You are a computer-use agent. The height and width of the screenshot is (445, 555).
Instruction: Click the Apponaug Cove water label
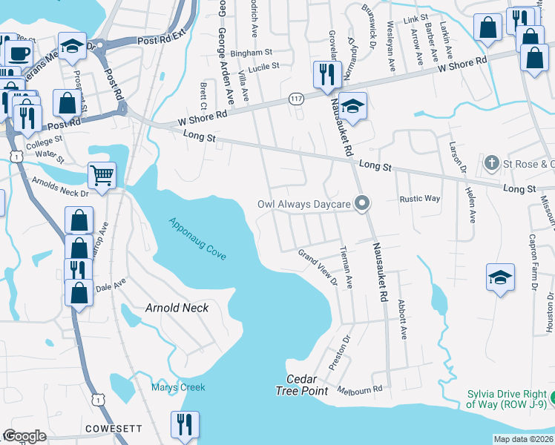click(x=197, y=238)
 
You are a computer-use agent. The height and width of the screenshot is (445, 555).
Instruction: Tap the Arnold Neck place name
click(x=177, y=307)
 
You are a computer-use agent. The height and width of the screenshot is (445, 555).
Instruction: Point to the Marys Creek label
click(x=178, y=387)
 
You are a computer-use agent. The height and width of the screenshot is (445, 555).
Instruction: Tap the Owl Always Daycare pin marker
click(x=362, y=202)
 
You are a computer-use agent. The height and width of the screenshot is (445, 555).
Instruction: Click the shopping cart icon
click(x=102, y=176)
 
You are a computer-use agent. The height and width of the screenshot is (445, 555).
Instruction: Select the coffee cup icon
click(x=19, y=53)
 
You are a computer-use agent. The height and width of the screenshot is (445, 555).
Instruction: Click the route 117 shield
click(x=296, y=99)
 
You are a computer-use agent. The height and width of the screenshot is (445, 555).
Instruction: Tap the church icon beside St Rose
click(x=490, y=162)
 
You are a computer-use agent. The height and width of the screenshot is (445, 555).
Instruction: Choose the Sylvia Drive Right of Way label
click(x=507, y=399)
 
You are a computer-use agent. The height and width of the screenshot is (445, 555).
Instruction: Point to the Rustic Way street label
click(x=420, y=199)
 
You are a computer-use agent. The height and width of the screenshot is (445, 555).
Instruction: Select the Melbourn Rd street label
click(x=359, y=389)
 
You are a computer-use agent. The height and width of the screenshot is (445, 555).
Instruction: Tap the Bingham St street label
click(x=252, y=53)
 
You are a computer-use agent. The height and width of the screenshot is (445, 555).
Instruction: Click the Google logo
click(x=24, y=436)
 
